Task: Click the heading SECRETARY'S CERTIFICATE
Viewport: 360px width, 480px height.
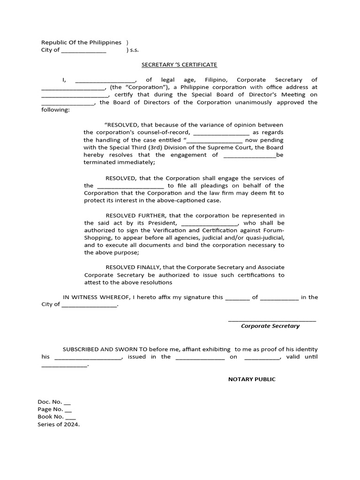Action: (x=180, y=65)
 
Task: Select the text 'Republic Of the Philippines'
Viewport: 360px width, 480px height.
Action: (x=81, y=43)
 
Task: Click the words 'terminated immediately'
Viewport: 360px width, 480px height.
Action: (x=119, y=162)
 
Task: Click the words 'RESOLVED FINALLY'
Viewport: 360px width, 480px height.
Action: (x=135, y=268)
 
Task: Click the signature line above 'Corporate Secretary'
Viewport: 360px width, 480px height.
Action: (x=272, y=321)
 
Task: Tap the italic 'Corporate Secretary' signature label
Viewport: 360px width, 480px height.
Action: (x=270, y=326)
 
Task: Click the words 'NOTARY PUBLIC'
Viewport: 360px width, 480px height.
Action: (x=252, y=379)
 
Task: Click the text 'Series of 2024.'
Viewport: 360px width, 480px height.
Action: (x=59, y=424)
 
